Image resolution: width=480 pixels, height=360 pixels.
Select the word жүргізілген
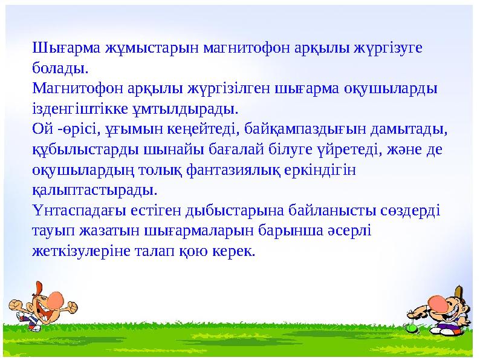(236, 88)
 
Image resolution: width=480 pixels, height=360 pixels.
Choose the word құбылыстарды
(75, 149)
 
